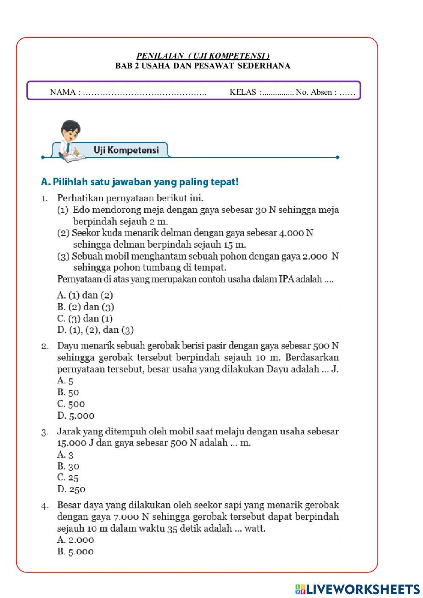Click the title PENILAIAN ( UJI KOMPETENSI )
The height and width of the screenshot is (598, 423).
[203, 56]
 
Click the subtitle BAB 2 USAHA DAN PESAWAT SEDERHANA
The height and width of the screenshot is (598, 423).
[203, 66]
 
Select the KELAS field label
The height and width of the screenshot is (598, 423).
[243, 92]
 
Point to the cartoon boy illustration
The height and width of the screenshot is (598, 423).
[70, 140]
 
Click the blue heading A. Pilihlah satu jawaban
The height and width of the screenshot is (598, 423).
[140, 182]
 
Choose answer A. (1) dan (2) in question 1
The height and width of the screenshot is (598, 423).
[85, 295]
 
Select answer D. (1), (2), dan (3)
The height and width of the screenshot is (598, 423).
[96, 330]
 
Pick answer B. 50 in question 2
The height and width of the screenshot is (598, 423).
[68, 392]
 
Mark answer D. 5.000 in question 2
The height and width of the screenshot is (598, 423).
[76, 416]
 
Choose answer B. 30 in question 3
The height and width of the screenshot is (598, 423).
[68, 466]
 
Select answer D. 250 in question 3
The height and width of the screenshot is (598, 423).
[71, 489]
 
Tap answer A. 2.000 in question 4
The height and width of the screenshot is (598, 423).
[75, 540]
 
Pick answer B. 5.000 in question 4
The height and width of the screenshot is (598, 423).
[75, 551]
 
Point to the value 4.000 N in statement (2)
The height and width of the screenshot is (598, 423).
[296, 233]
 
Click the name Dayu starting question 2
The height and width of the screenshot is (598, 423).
[68, 346]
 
